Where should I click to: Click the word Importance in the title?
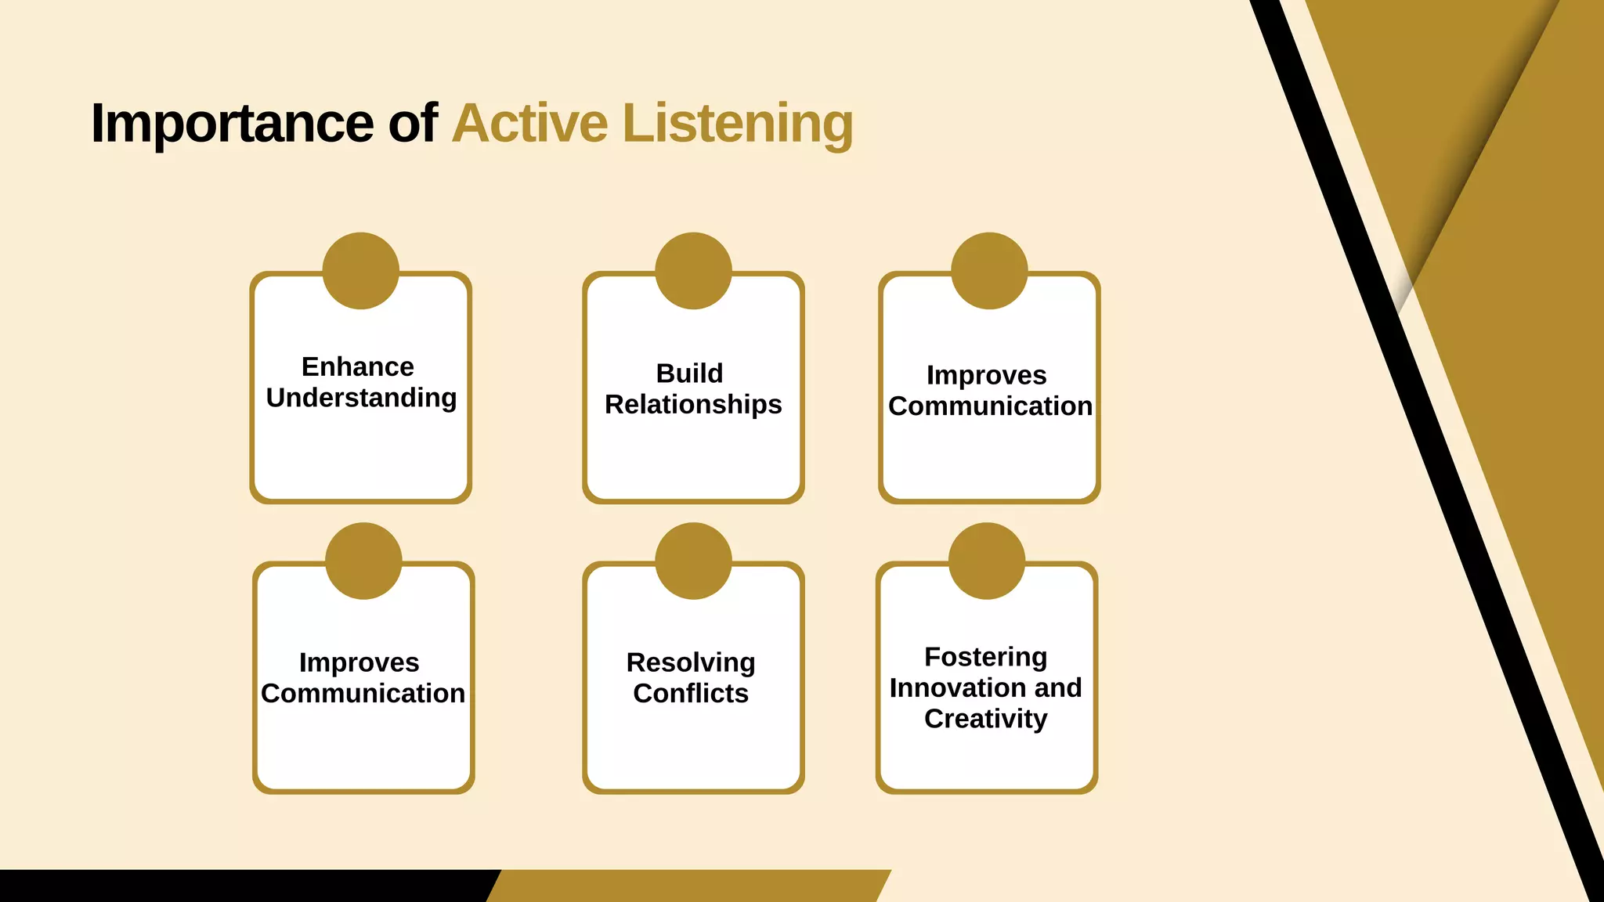click(x=232, y=124)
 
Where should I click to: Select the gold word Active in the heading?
click(x=529, y=124)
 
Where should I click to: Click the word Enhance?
click(x=358, y=366)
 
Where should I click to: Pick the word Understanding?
click(x=361, y=398)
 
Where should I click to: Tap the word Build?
click(x=689, y=373)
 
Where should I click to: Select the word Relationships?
click(x=693, y=404)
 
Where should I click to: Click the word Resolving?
click(x=691, y=662)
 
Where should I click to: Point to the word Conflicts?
click(x=691, y=693)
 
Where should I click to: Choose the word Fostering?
click(x=985, y=657)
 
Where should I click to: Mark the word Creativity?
click(x=985, y=719)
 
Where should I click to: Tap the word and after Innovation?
click(x=1058, y=687)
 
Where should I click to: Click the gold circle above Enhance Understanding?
click(x=361, y=271)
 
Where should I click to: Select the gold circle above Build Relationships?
click(x=693, y=271)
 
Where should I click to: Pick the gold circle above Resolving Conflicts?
click(x=693, y=561)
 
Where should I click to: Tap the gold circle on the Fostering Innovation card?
click(x=987, y=561)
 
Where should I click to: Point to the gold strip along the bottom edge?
click(x=689, y=886)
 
